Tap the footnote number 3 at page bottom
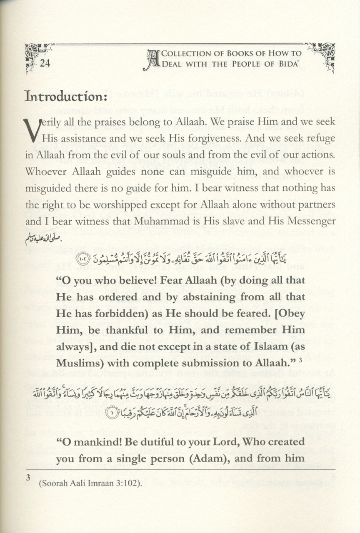point(28,477)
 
